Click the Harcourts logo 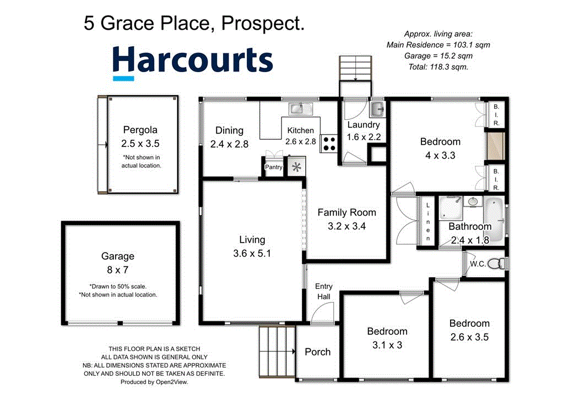pyautogui.click(x=193, y=61)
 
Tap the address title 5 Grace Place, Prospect pyautogui.click(x=194, y=23)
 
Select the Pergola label pyautogui.click(x=139, y=130)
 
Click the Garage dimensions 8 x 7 pyautogui.click(x=117, y=270)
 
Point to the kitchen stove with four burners pyautogui.click(x=329, y=144)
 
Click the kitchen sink pyautogui.click(x=301, y=108)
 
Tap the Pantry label pyautogui.click(x=274, y=167)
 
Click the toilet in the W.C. pyautogui.click(x=497, y=264)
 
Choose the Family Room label pyautogui.click(x=346, y=212)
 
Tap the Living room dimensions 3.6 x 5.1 pyautogui.click(x=252, y=254)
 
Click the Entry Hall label pyautogui.click(x=323, y=291)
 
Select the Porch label pyautogui.click(x=318, y=352)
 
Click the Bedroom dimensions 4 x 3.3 pyautogui.click(x=440, y=155)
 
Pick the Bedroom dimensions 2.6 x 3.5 pyautogui.click(x=469, y=337)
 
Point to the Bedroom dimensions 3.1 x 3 pyautogui.click(x=387, y=345)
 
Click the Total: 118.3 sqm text pyautogui.click(x=438, y=67)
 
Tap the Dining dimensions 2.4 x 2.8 pyautogui.click(x=229, y=144)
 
